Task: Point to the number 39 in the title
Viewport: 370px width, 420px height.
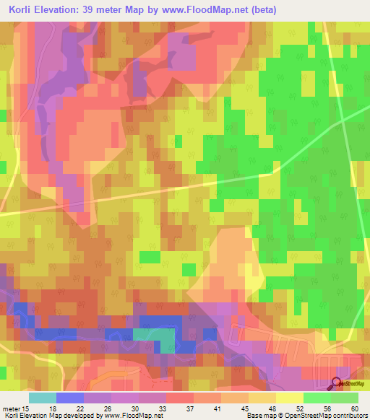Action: [x=96, y=11]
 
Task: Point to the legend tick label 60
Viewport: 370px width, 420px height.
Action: [x=353, y=408]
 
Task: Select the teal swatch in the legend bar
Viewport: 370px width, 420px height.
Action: [x=42, y=397]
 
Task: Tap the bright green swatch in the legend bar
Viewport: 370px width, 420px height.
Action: [x=317, y=397]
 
